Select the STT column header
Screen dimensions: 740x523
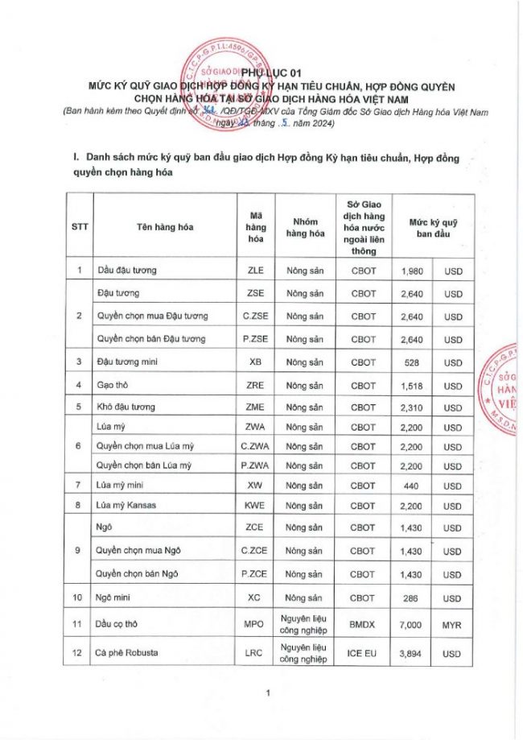coord(79,226)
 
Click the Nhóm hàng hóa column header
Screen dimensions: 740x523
coord(305,226)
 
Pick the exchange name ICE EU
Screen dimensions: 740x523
coord(364,654)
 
